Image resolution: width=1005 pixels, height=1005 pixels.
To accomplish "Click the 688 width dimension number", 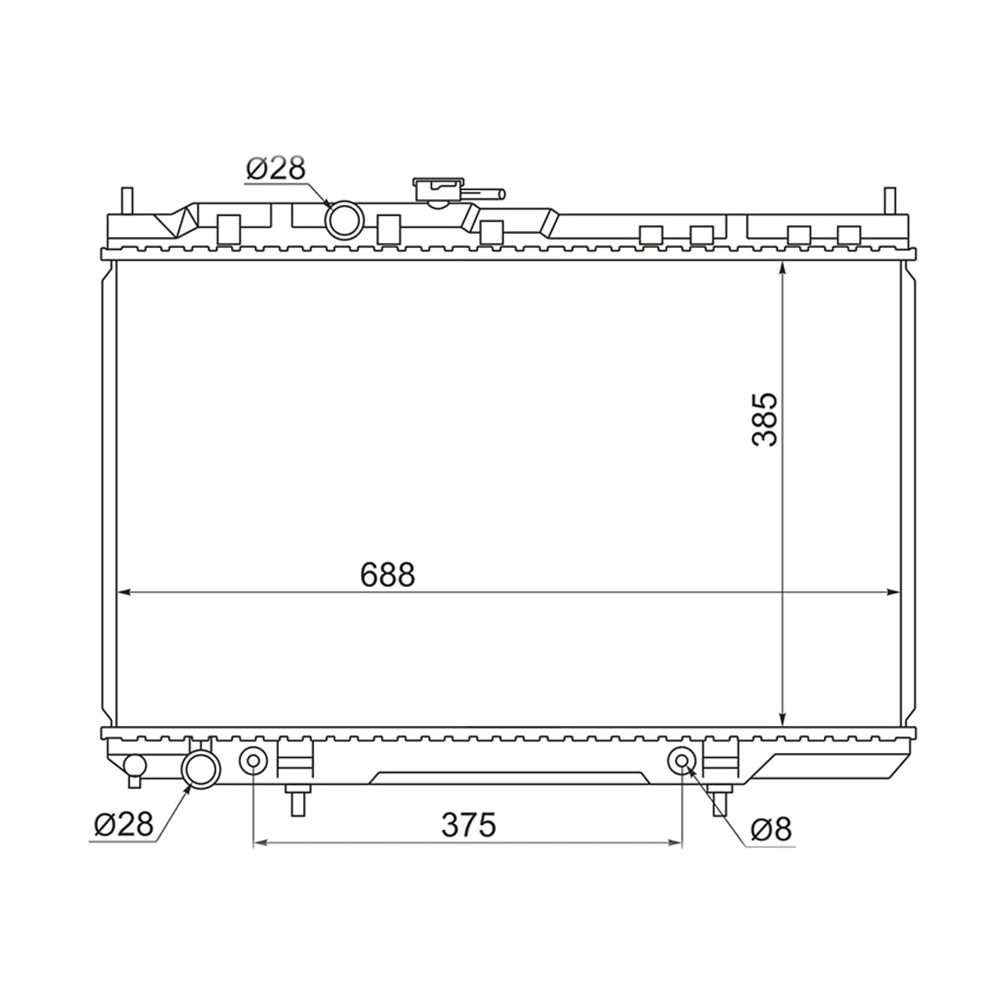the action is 388,575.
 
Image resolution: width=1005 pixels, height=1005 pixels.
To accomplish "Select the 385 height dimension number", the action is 765,420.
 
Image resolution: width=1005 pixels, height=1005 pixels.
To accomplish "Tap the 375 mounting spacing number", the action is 468,825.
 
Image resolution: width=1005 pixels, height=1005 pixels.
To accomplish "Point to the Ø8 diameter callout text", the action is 771,829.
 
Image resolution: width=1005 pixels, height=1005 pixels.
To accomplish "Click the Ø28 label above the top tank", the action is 276,168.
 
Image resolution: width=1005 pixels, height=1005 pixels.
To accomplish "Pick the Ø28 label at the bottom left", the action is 124,825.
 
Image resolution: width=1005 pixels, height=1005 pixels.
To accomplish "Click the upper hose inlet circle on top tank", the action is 343,219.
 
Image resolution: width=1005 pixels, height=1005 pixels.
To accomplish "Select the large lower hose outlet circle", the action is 201,770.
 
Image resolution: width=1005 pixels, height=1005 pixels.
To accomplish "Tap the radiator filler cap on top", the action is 438,189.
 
